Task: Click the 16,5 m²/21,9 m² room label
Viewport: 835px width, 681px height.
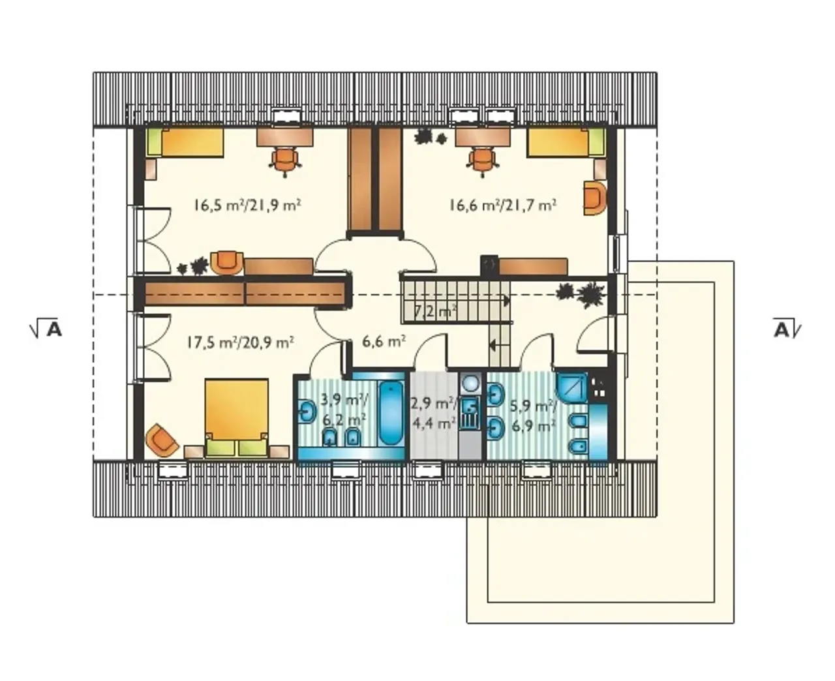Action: click(x=247, y=205)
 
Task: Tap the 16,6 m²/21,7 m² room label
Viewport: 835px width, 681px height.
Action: click(x=503, y=205)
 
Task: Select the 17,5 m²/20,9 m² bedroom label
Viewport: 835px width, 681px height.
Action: click(x=240, y=342)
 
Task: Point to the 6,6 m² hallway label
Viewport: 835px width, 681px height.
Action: click(x=384, y=341)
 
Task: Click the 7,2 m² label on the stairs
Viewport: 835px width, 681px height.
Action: click(x=434, y=311)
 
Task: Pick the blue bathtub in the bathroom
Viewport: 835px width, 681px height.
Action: click(x=391, y=414)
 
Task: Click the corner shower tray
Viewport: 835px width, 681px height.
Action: click(x=571, y=387)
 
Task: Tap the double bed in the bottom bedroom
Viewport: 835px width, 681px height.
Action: click(x=237, y=418)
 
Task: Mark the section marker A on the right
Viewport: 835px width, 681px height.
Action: click(x=787, y=329)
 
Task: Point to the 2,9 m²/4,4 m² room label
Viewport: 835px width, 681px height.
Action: click(x=434, y=414)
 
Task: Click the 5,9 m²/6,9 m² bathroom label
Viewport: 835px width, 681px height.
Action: click(x=534, y=416)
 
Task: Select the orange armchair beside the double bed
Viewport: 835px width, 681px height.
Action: click(x=162, y=440)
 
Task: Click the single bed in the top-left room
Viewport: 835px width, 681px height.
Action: click(x=185, y=142)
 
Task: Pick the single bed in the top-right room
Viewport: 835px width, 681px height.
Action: click(x=566, y=142)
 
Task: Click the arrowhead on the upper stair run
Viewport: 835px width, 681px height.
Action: click(x=506, y=301)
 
